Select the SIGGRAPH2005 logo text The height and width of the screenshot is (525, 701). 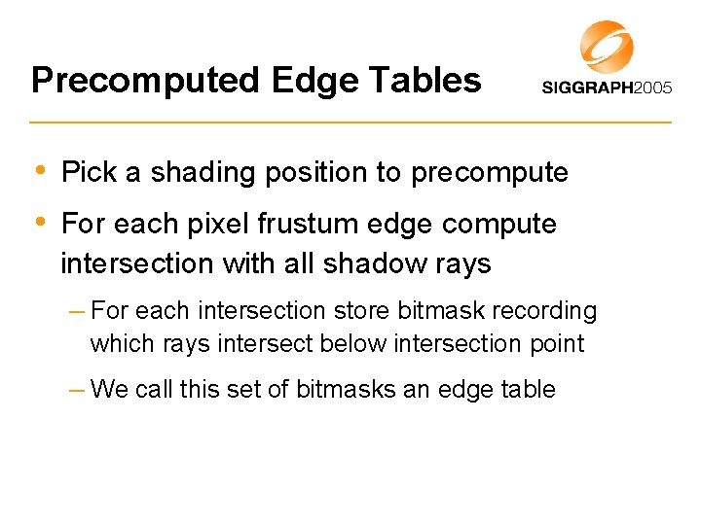pyautogui.click(x=606, y=87)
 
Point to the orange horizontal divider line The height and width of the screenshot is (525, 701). pyautogui.click(x=350, y=122)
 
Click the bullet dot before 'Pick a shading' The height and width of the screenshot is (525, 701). pyautogui.click(x=39, y=171)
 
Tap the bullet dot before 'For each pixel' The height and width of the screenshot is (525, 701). pyautogui.click(x=39, y=223)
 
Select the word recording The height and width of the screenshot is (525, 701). pyautogui.click(x=549, y=311)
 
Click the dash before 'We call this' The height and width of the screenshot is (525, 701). pyautogui.click(x=77, y=390)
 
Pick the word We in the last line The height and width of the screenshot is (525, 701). pyautogui.click(x=109, y=390)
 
